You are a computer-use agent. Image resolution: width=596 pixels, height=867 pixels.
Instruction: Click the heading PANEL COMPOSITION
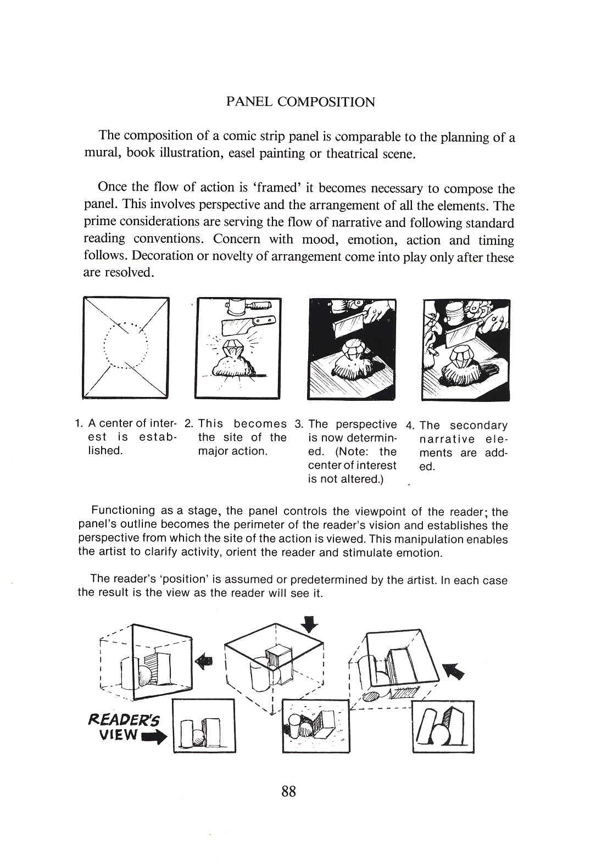click(x=300, y=102)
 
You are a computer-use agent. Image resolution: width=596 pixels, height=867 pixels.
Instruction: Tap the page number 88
click(x=289, y=791)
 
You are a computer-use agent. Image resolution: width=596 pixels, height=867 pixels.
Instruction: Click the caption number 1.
click(x=79, y=424)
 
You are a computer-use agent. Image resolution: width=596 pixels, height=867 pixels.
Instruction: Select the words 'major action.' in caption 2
click(x=232, y=451)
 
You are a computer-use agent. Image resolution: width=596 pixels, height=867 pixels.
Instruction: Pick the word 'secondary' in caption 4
click(x=478, y=426)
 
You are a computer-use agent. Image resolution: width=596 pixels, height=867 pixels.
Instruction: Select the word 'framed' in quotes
click(x=278, y=187)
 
